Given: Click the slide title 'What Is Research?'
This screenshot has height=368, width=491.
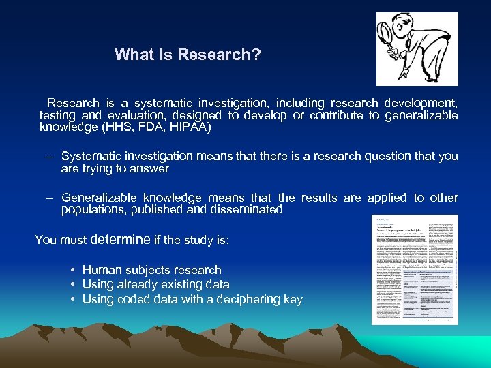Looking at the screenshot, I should click(x=188, y=55).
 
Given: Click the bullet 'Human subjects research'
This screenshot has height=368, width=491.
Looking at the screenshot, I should click(x=151, y=271).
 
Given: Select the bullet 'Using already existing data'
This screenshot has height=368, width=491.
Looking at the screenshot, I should click(x=155, y=285).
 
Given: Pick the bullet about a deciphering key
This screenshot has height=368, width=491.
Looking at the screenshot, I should click(x=192, y=300).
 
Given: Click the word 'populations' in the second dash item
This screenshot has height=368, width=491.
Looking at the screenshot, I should click(x=91, y=210).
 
